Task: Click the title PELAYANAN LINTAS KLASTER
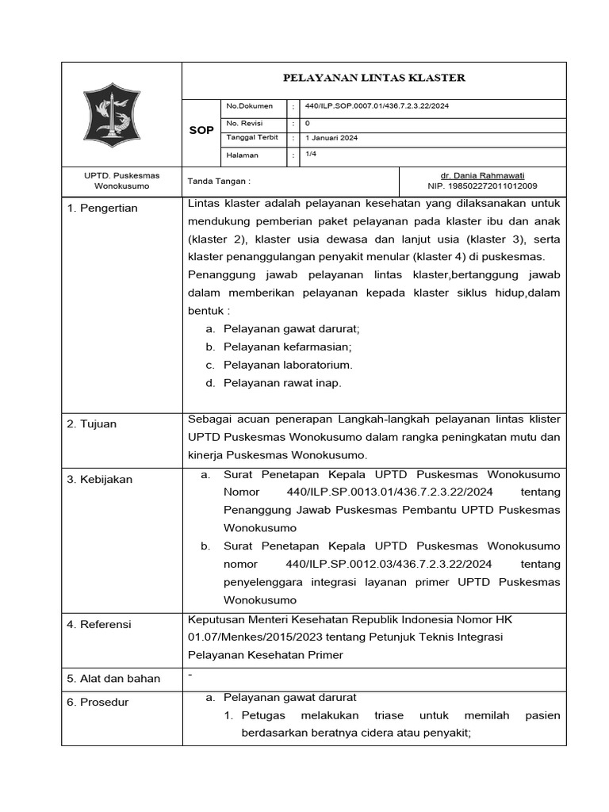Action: pyautogui.click(x=374, y=78)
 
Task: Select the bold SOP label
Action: pyautogui.click(x=201, y=130)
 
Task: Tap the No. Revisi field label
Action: pyautogui.click(x=244, y=123)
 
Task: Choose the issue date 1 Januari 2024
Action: pyautogui.click(x=331, y=138)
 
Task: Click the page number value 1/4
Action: pyautogui.click(x=311, y=155)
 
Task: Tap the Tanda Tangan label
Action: pyautogui.click(x=219, y=181)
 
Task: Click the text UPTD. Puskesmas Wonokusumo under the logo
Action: pyautogui.click(x=122, y=180)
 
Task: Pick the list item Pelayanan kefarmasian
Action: pyautogui.click(x=287, y=347)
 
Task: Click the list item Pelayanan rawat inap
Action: pyautogui.click(x=282, y=383)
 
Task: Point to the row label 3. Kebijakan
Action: pyautogui.click(x=100, y=480)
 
